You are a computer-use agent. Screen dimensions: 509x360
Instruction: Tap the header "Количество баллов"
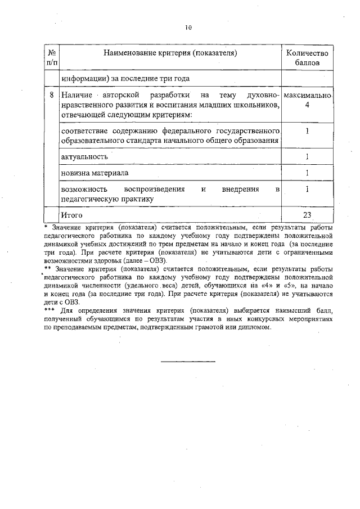[307, 57]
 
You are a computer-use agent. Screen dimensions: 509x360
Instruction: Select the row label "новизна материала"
[95, 172]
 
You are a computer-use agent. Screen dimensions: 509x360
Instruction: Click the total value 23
[307, 215]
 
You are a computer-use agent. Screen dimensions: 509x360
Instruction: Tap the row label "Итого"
[72, 215]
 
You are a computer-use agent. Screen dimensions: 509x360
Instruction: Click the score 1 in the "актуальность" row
[307, 156]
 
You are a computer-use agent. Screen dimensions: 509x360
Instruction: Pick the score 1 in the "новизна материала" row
[307, 172]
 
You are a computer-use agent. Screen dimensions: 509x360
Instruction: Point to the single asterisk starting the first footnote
[46, 226]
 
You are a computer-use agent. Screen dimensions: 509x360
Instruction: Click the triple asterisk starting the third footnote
[50, 310]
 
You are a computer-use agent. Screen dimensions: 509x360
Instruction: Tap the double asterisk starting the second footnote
[48, 268]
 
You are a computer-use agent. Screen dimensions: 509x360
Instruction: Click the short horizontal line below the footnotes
[188, 361]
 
